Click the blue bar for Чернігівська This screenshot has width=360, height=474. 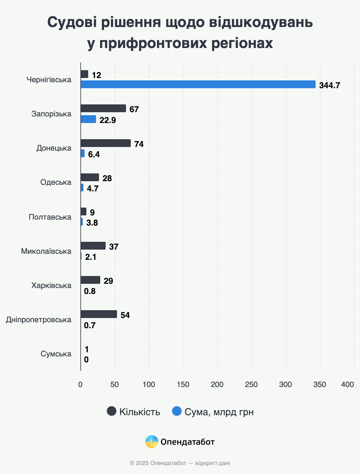(x=198, y=84)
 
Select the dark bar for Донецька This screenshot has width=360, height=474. (x=106, y=143)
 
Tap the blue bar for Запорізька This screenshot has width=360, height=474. (x=88, y=119)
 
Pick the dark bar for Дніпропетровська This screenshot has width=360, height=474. (x=99, y=314)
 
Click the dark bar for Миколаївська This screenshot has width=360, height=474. (x=93, y=246)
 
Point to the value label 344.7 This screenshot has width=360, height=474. (x=329, y=85)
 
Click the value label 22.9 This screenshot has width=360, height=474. (x=108, y=120)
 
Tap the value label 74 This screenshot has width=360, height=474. (x=139, y=144)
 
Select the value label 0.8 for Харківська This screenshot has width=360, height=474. (x=90, y=291)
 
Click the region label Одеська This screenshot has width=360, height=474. (x=56, y=182)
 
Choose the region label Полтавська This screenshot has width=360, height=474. (x=50, y=217)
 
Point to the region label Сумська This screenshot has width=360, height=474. (x=56, y=354)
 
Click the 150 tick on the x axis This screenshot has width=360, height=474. (x=183, y=385)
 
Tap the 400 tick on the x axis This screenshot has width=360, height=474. (x=347, y=385)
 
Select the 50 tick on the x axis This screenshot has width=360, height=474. (x=115, y=385)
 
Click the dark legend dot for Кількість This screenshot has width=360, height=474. (x=112, y=411)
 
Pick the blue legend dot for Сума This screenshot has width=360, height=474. (x=177, y=411)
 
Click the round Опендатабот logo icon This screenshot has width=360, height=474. (x=151, y=442)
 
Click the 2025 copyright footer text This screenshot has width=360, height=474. (x=180, y=463)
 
